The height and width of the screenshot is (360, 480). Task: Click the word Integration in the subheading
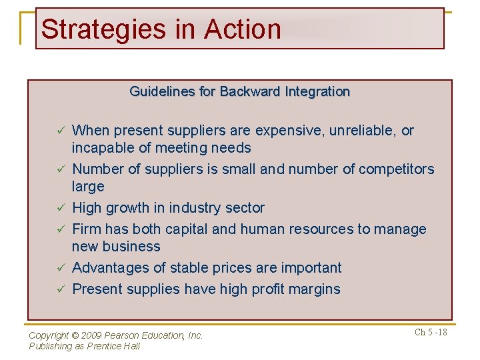point(315,91)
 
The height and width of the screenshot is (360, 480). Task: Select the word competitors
point(396,169)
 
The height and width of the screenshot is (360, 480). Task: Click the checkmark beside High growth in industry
point(59,208)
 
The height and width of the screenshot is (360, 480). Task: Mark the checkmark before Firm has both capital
point(59,229)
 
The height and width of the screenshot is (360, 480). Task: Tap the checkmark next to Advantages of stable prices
point(59,268)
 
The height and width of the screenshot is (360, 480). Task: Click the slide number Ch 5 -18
point(431,333)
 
